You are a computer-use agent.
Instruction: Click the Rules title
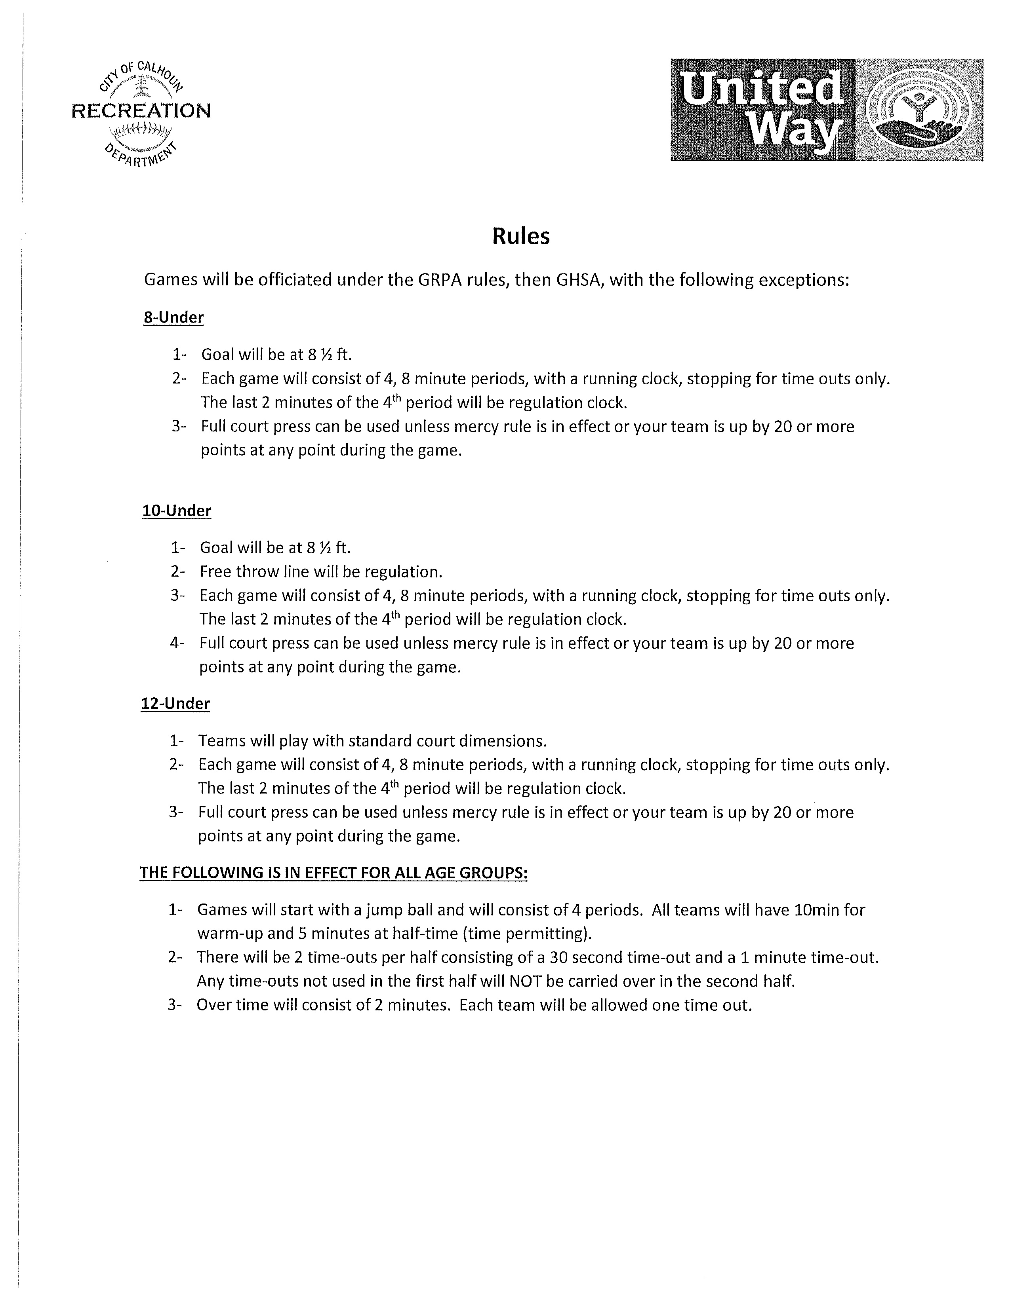[x=520, y=236]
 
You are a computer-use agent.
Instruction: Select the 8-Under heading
[x=173, y=317]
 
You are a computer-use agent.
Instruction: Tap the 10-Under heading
[x=177, y=510]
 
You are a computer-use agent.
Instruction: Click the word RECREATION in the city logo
[x=141, y=111]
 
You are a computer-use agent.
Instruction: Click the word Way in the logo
[x=796, y=131]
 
